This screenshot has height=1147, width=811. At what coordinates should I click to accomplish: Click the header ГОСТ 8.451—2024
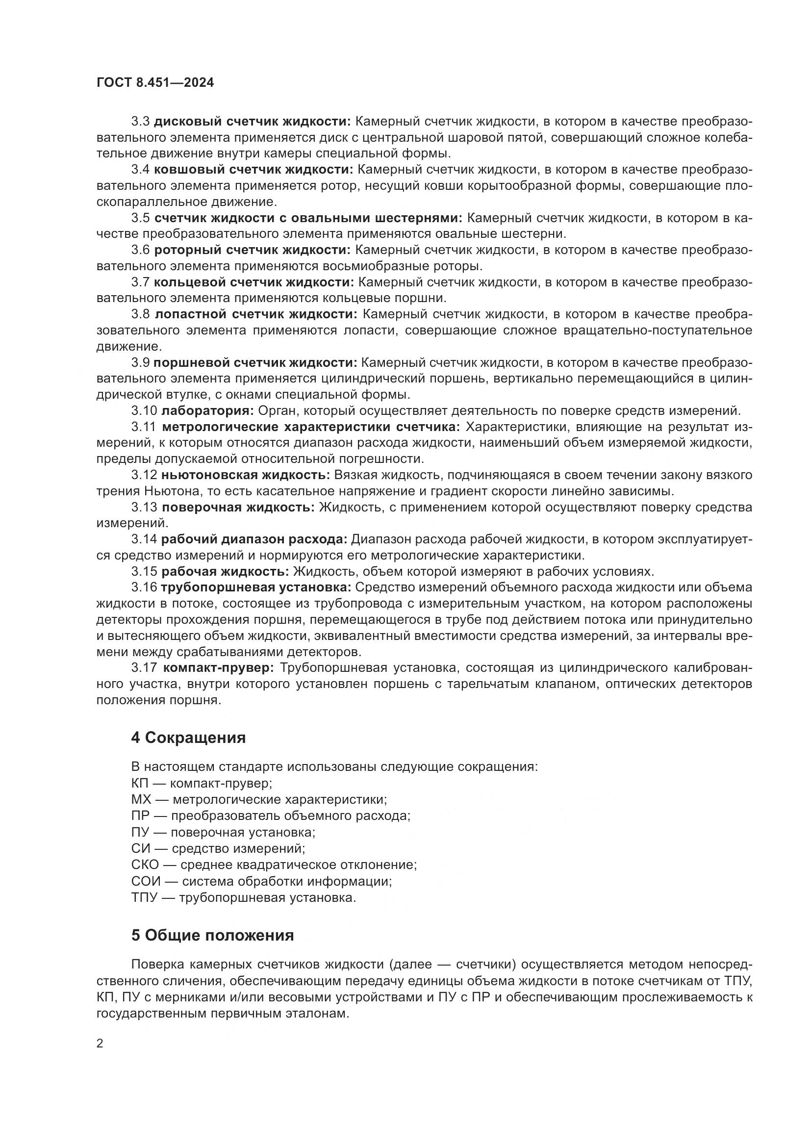click(x=155, y=83)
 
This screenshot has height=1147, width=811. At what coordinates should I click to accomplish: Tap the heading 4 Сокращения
click(x=188, y=738)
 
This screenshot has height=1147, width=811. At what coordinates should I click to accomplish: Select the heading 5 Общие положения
click(x=212, y=935)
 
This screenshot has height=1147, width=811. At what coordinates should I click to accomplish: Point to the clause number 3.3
click(x=140, y=122)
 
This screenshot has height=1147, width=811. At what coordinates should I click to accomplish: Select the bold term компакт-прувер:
click(x=219, y=668)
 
